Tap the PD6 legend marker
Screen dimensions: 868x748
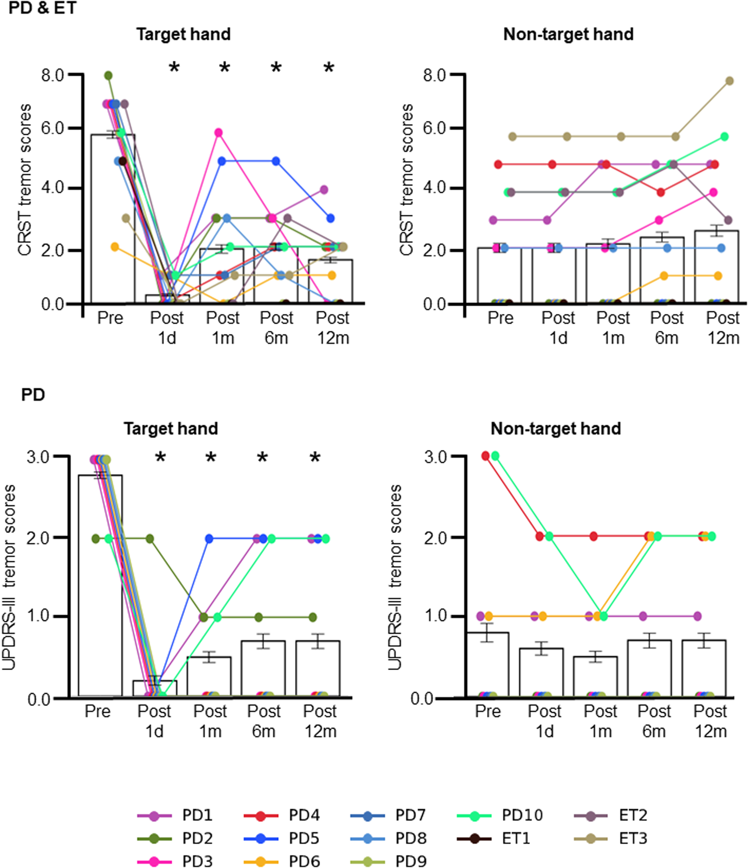coord(261,861)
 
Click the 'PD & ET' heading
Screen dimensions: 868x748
coord(42,8)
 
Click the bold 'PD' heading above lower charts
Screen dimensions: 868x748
coord(33,395)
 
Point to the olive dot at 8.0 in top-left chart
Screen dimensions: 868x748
coord(108,76)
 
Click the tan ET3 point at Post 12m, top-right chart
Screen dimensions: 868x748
coord(729,81)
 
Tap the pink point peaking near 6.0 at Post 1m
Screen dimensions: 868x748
coord(218,133)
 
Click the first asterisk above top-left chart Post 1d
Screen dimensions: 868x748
coord(174,68)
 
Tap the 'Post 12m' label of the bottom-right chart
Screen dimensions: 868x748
coord(711,721)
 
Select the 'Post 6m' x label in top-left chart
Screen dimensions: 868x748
coord(277,328)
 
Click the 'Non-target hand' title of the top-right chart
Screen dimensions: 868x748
coord(568,34)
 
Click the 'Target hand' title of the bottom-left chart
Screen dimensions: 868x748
coord(171,428)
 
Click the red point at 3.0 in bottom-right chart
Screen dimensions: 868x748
coord(485,456)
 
